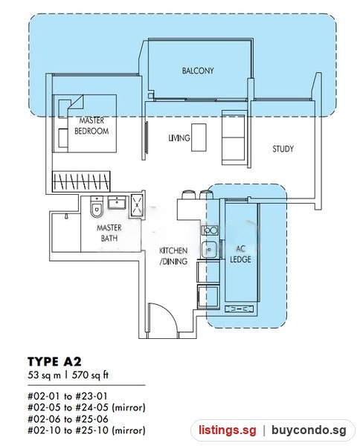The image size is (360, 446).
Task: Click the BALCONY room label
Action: coord(198,71)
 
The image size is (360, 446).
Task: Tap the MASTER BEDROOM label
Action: coord(91,126)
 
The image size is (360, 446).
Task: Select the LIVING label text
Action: coord(179,138)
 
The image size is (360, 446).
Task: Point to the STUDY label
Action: coord(283,149)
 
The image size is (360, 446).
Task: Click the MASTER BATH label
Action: coord(109,233)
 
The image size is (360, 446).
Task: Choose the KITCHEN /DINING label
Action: coord(173,256)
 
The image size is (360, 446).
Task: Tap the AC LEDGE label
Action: coord(240,254)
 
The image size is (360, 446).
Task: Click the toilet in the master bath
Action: coord(97,207)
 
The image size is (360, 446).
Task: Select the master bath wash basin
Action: coord(117,202)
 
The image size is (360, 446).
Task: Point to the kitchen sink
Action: coord(209,250)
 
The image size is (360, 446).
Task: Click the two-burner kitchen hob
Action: coord(210,230)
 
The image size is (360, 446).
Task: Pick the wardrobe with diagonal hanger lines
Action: coord(81,181)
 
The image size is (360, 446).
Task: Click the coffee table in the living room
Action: coord(199,138)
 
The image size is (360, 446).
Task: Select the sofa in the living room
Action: coord(234,138)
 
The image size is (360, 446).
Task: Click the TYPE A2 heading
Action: coord(54,361)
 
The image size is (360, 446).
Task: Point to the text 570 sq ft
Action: coord(90,375)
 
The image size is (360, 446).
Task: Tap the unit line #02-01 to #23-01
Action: coord(68,396)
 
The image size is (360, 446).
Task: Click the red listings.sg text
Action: coord(227,430)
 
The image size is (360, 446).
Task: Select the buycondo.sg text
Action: coord(309,430)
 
